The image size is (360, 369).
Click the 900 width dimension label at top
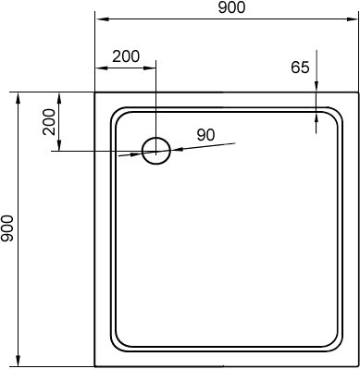[x=231, y=7]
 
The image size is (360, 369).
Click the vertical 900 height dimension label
[x=7, y=228]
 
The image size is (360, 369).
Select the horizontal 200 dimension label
[x=126, y=56]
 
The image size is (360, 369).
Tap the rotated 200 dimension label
[x=49, y=122]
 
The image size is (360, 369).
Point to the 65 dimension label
[x=300, y=68]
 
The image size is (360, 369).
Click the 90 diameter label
[x=205, y=135]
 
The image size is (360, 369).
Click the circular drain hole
[x=156, y=151]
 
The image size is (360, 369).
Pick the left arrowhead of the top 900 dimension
[x=102, y=19]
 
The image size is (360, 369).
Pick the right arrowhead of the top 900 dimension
[x=351, y=19]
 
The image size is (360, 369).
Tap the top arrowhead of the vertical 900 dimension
[x=19, y=100]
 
